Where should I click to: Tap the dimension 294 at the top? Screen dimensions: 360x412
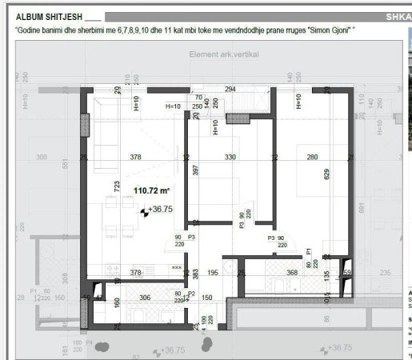(231, 89)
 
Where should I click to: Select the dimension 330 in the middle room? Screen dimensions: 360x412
(230, 158)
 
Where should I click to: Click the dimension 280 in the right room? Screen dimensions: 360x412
(312, 158)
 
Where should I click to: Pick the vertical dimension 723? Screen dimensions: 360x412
(117, 187)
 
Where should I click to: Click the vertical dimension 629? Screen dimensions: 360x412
(326, 173)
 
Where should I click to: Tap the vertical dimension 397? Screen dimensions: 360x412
(194, 170)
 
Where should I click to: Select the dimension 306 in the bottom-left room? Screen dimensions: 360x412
(146, 298)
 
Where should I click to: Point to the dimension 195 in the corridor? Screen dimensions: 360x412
(213, 274)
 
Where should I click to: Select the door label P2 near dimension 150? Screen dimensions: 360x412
(191, 294)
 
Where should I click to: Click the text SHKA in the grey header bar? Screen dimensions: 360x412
(398, 16)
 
